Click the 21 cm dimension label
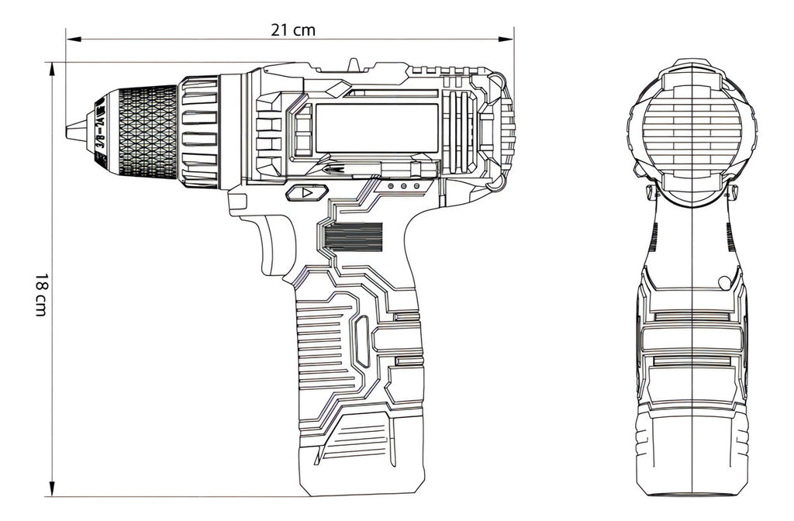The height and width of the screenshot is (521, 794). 293,30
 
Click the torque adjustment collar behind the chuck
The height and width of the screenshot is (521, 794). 199,130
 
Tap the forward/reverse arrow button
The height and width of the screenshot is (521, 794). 303,192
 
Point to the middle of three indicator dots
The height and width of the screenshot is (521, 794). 403,187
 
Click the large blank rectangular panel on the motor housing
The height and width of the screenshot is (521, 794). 377,127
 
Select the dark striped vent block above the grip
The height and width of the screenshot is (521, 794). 354,236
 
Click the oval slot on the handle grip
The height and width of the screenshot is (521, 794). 361,340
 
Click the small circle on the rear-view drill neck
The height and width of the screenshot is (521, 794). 723,282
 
